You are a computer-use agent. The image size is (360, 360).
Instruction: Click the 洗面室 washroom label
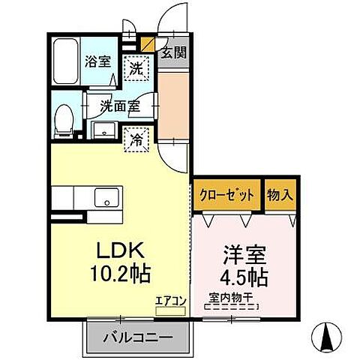pyautogui.click(x=119, y=106)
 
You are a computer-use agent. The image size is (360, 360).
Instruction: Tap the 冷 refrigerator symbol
pyautogui.click(x=136, y=138)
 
